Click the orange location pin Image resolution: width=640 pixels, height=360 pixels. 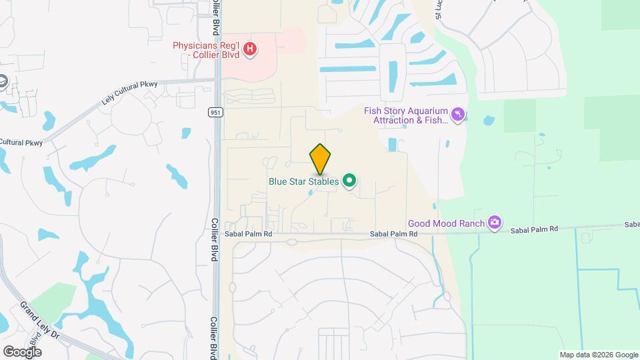click(320, 159)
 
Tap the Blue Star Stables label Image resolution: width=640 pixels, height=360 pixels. click(303, 181)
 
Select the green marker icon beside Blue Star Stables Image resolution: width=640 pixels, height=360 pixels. click(349, 181)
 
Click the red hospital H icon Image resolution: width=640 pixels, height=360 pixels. click(250, 49)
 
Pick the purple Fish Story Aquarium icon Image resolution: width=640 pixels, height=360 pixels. click(457, 115)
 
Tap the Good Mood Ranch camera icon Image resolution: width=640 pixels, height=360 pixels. click(494, 223)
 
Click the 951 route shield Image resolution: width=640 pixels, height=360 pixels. click(215, 111)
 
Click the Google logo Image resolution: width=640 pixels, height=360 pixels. click(22, 351)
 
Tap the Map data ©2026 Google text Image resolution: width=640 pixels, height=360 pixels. click(599, 355)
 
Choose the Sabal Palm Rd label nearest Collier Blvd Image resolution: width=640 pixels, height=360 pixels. click(249, 235)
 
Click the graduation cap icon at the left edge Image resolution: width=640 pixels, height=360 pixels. click(2, 82)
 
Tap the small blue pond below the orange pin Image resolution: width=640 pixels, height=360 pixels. click(311, 193)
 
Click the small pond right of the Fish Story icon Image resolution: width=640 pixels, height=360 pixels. click(489, 121)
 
